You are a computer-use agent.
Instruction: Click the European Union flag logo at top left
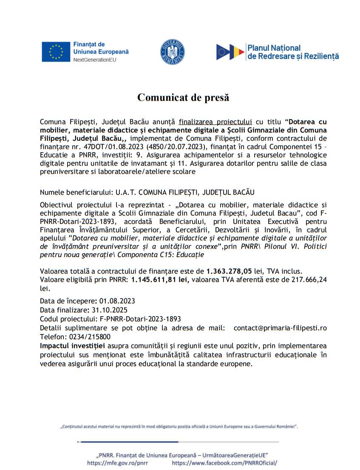pos(56,52)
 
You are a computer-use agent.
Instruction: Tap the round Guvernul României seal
pos(172,52)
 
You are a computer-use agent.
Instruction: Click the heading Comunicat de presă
pos(183,97)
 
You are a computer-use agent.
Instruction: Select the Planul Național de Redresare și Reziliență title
pos(293,52)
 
